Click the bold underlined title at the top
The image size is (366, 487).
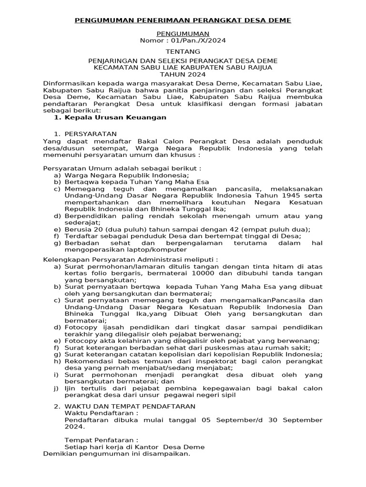tap(183, 20)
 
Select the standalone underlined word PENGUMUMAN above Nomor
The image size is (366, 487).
tap(183, 34)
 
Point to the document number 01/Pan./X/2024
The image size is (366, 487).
tap(194, 40)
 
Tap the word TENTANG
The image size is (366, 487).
tap(183, 51)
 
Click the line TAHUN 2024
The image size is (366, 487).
tap(183, 75)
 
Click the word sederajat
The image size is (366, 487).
tap(82, 222)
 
